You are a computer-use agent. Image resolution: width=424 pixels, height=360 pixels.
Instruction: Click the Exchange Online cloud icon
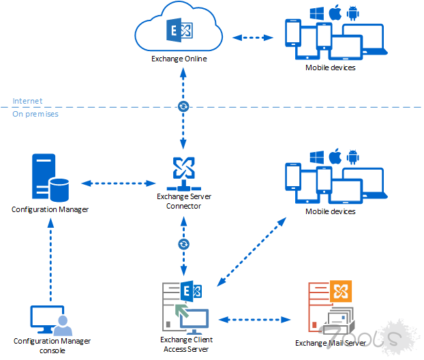pos(179,29)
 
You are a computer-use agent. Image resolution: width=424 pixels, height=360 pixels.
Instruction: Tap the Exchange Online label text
pos(179,59)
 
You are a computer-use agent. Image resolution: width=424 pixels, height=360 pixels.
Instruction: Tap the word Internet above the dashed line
pos(27,101)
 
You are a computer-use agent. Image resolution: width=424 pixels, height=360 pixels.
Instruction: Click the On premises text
pos(35,114)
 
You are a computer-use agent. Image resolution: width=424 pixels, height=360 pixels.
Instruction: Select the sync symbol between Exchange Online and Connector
pos(183,106)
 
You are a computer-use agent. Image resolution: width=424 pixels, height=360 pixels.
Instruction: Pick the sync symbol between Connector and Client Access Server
pos(183,243)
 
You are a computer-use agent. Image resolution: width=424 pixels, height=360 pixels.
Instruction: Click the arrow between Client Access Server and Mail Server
pos(255,318)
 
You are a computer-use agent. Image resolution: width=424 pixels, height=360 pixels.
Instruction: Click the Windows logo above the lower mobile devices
pos(316,157)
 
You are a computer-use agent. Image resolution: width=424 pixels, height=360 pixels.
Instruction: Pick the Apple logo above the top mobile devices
pos(335,13)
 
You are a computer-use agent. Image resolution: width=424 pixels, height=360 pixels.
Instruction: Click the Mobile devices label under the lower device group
pos(330,211)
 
